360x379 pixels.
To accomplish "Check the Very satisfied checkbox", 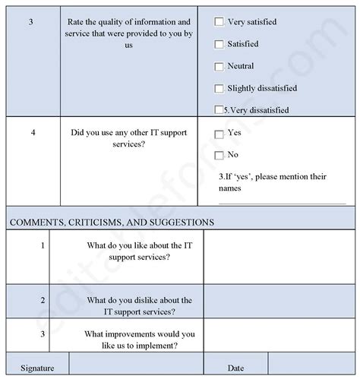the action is point(219,23).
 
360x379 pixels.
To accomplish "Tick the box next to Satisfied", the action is point(219,45).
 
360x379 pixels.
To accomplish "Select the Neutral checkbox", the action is point(219,67).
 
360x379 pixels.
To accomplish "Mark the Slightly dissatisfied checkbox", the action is point(219,89).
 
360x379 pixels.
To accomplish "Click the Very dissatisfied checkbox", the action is point(219,110).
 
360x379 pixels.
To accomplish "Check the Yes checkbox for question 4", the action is point(219,134).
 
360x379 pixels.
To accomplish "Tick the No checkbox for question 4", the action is point(219,155).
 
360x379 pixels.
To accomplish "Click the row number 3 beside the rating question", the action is point(30,23).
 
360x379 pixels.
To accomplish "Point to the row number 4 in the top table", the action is point(33,133).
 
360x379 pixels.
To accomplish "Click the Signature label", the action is point(38,368).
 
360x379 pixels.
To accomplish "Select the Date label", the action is point(235,368).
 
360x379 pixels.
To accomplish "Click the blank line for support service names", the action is point(271,202).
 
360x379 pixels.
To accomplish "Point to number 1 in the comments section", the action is point(43,245).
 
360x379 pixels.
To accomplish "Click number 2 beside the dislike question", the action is point(43,301).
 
